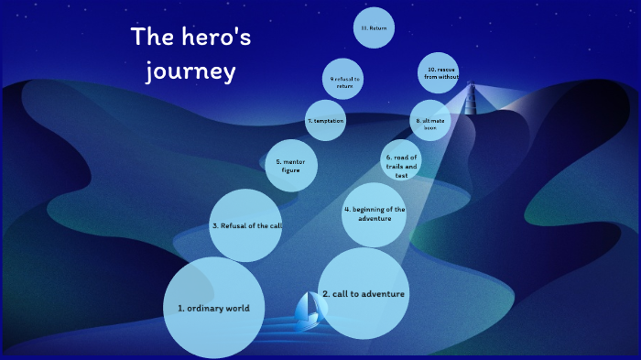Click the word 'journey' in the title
(x=191, y=71)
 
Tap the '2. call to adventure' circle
(x=364, y=293)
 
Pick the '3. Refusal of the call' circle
(x=245, y=225)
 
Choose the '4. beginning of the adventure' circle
(x=374, y=213)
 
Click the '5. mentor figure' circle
(x=291, y=166)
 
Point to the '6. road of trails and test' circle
(x=401, y=161)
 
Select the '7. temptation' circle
(x=325, y=120)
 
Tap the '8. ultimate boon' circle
(x=430, y=124)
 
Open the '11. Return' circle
(x=374, y=28)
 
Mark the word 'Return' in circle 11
(x=378, y=28)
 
